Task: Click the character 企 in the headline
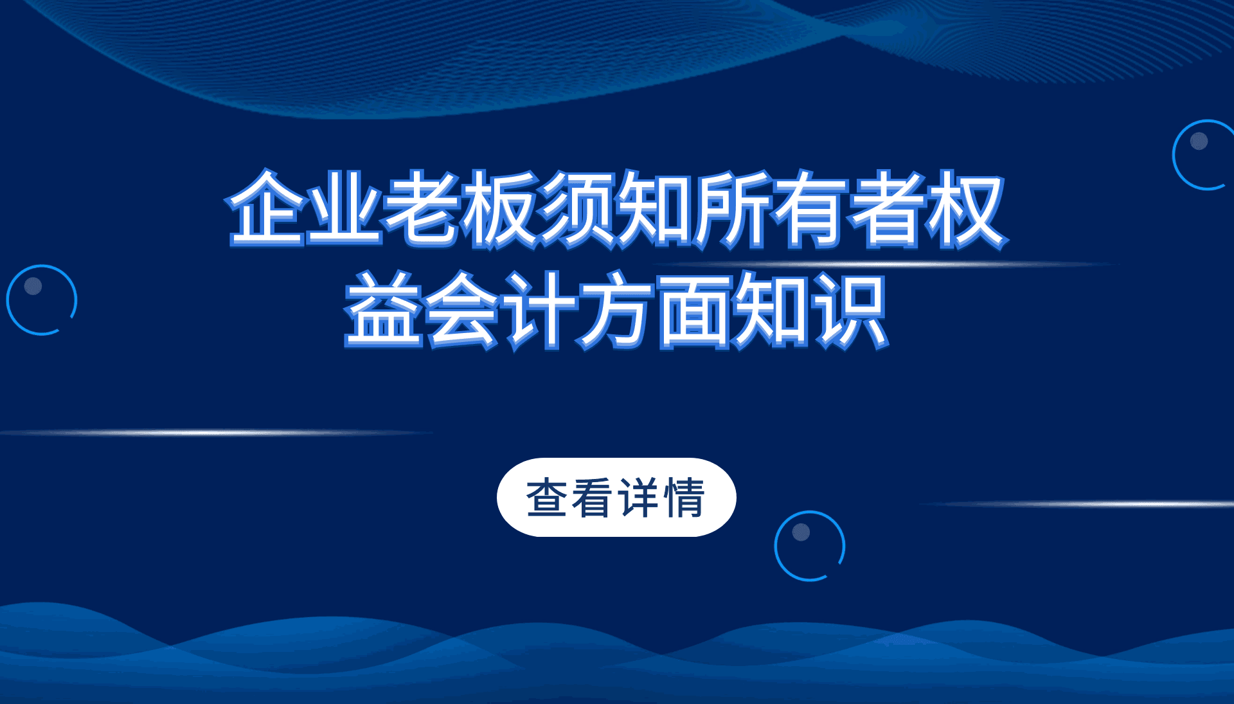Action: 266,208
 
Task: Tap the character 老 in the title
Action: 421,208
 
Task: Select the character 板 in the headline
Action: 499,208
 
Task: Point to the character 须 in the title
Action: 577,208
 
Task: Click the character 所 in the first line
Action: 732,209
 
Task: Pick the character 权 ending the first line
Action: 965,209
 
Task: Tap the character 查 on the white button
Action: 546,498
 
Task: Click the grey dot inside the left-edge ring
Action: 33,285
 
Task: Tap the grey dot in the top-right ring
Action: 1199,141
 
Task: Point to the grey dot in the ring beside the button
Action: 801,532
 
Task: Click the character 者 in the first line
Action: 888,209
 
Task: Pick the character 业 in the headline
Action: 344,208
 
